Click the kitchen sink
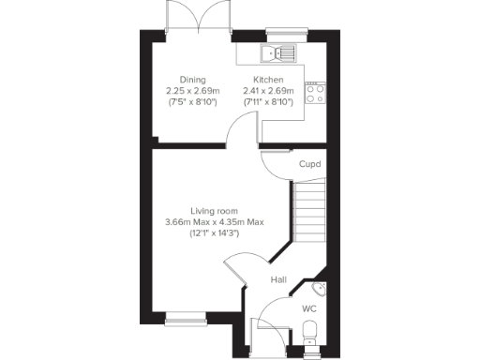pyautogui.click(x=278, y=53)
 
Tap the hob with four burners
pyautogui.click(x=315, y=93)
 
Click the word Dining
pyautogui.click(x=192, y=81)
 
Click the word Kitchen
pyautogui.click(x=268, y=81)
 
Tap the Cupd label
pyautogui.click(x=309, y=164)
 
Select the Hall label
pyautogui.click(x=278, y=279)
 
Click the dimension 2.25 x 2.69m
pyautogui.click(x=192, y=91)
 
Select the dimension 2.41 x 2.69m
pyautogui.click(x=268, y=91)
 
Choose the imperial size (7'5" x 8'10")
pyautogui.click(x=192, y=101)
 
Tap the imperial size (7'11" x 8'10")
pyautogui.click(x=268, y=101)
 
